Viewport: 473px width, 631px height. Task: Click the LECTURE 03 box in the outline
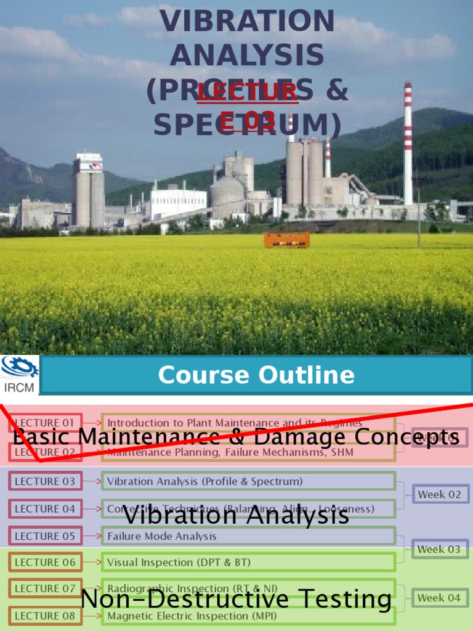45,481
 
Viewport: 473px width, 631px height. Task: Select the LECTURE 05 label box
45,536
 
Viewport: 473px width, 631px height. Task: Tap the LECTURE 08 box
45,616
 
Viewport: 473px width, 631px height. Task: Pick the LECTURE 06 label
45,562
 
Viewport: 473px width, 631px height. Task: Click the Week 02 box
440,494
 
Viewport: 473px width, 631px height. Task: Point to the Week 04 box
439,598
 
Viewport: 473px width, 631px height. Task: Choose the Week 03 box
439,549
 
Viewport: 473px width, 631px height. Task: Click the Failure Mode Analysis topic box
248,536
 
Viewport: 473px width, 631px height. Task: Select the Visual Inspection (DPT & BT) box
248,562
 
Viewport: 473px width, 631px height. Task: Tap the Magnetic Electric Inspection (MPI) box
248,616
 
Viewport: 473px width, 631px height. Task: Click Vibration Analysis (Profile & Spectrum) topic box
248,481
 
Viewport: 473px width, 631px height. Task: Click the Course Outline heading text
256,375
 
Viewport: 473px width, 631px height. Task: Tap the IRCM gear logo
20,368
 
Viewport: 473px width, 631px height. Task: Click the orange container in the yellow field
286,240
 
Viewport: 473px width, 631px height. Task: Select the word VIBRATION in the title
247,22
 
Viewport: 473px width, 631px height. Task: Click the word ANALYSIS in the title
247,56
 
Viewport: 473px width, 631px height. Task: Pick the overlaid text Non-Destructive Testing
236,599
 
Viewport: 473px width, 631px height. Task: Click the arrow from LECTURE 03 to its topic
92,481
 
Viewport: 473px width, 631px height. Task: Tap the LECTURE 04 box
45,508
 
